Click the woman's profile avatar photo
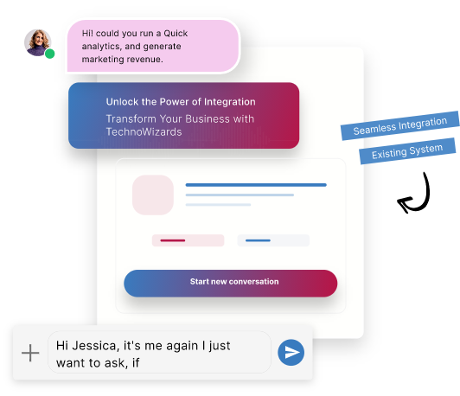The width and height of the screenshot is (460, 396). (37, 42)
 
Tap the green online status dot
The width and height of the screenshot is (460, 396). (50, 54)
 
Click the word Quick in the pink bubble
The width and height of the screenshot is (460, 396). (176, 34)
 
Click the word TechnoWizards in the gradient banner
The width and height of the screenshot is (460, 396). (144, 132)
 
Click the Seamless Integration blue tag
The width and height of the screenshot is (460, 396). (400, 125)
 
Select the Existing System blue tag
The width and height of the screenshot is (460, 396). (407, 151)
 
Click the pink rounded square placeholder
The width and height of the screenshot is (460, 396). (153, 195)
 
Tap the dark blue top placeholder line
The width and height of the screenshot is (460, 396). (256, 185)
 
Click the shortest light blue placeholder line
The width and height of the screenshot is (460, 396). (218, 204)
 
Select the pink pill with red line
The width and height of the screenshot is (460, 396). (188, 240)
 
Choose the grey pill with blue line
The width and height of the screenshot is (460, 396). (273, 240)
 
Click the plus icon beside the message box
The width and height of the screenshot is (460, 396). (30, 353)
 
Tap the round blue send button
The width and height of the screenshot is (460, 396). (291, 352)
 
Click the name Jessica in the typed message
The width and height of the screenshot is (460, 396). (96, 346)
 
